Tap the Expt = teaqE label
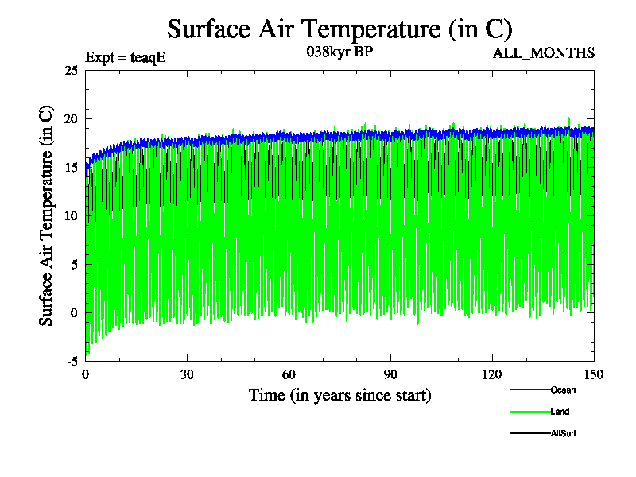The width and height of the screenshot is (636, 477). (125, 57)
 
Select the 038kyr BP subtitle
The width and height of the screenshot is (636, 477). (339, 52)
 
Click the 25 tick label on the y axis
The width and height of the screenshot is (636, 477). (70, 71)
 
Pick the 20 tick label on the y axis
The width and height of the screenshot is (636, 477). (70, 119)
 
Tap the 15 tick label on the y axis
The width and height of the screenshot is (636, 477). (70, 168)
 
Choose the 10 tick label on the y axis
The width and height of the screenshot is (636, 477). (70, 215)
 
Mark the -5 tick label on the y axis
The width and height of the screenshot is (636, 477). (71, 361)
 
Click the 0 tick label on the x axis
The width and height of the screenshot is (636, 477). (86, 375)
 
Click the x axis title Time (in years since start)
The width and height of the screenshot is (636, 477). (339, 395)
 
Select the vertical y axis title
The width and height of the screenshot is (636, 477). (47, 215)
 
